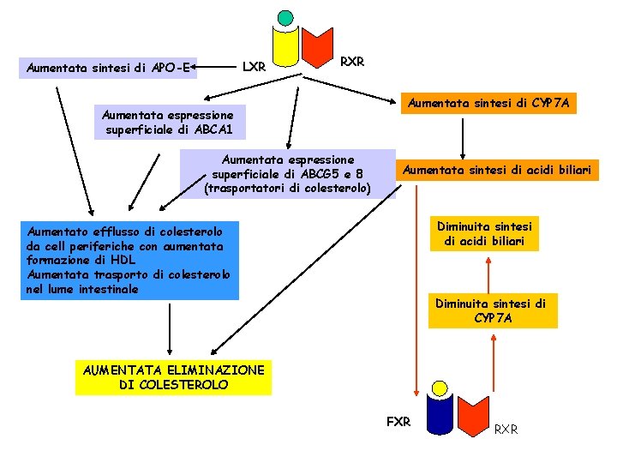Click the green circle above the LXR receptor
click(x=285, y=17)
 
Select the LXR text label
click(x=254, y=66)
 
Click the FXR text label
click(x=398, y=422)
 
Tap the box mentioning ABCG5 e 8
click(x=287, y=173)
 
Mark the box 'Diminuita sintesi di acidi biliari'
click(x=484, y=233)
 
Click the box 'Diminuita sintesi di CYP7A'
click(x=491, y=311)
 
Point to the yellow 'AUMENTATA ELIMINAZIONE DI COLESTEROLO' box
click(x=173, y=377)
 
